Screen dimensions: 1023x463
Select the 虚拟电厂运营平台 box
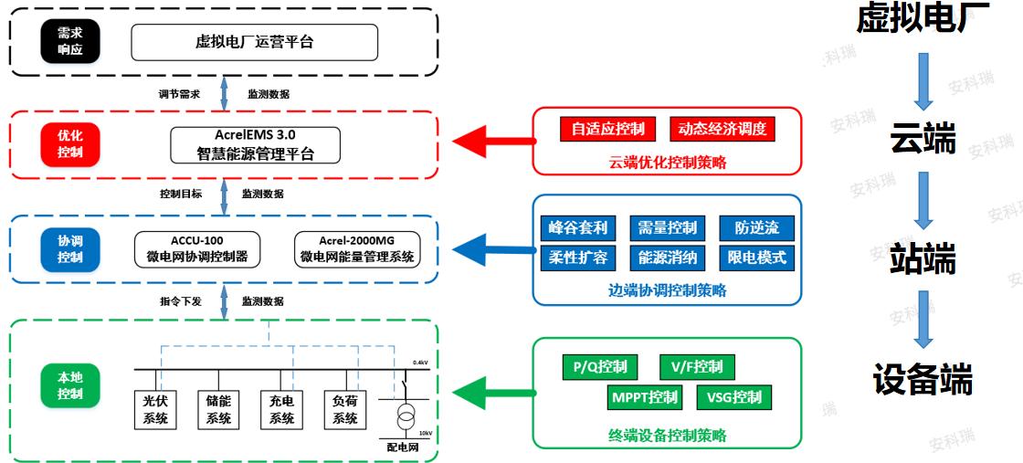255,42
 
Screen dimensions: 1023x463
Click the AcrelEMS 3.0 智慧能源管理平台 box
255,145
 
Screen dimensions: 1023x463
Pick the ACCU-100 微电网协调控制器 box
197,247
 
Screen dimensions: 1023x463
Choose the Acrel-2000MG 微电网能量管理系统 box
357,247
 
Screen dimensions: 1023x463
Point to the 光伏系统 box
155,409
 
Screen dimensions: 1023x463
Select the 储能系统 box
218,409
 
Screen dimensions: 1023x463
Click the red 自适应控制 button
607,129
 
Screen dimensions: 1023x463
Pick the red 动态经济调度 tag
722,129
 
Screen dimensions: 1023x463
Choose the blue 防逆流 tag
757,227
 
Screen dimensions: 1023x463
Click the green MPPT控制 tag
644,396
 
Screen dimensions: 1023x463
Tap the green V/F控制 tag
697,366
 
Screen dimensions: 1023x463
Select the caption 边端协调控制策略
668,290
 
